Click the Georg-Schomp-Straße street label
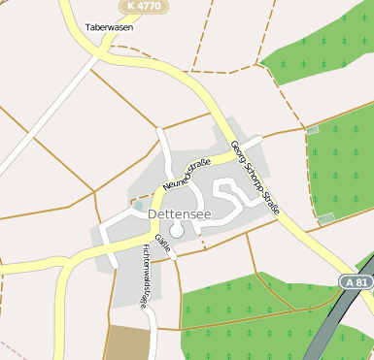point(255,177)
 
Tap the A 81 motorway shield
point(357,281)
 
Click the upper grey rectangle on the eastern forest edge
point(312,129)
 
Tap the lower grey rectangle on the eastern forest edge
point(326,217)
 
